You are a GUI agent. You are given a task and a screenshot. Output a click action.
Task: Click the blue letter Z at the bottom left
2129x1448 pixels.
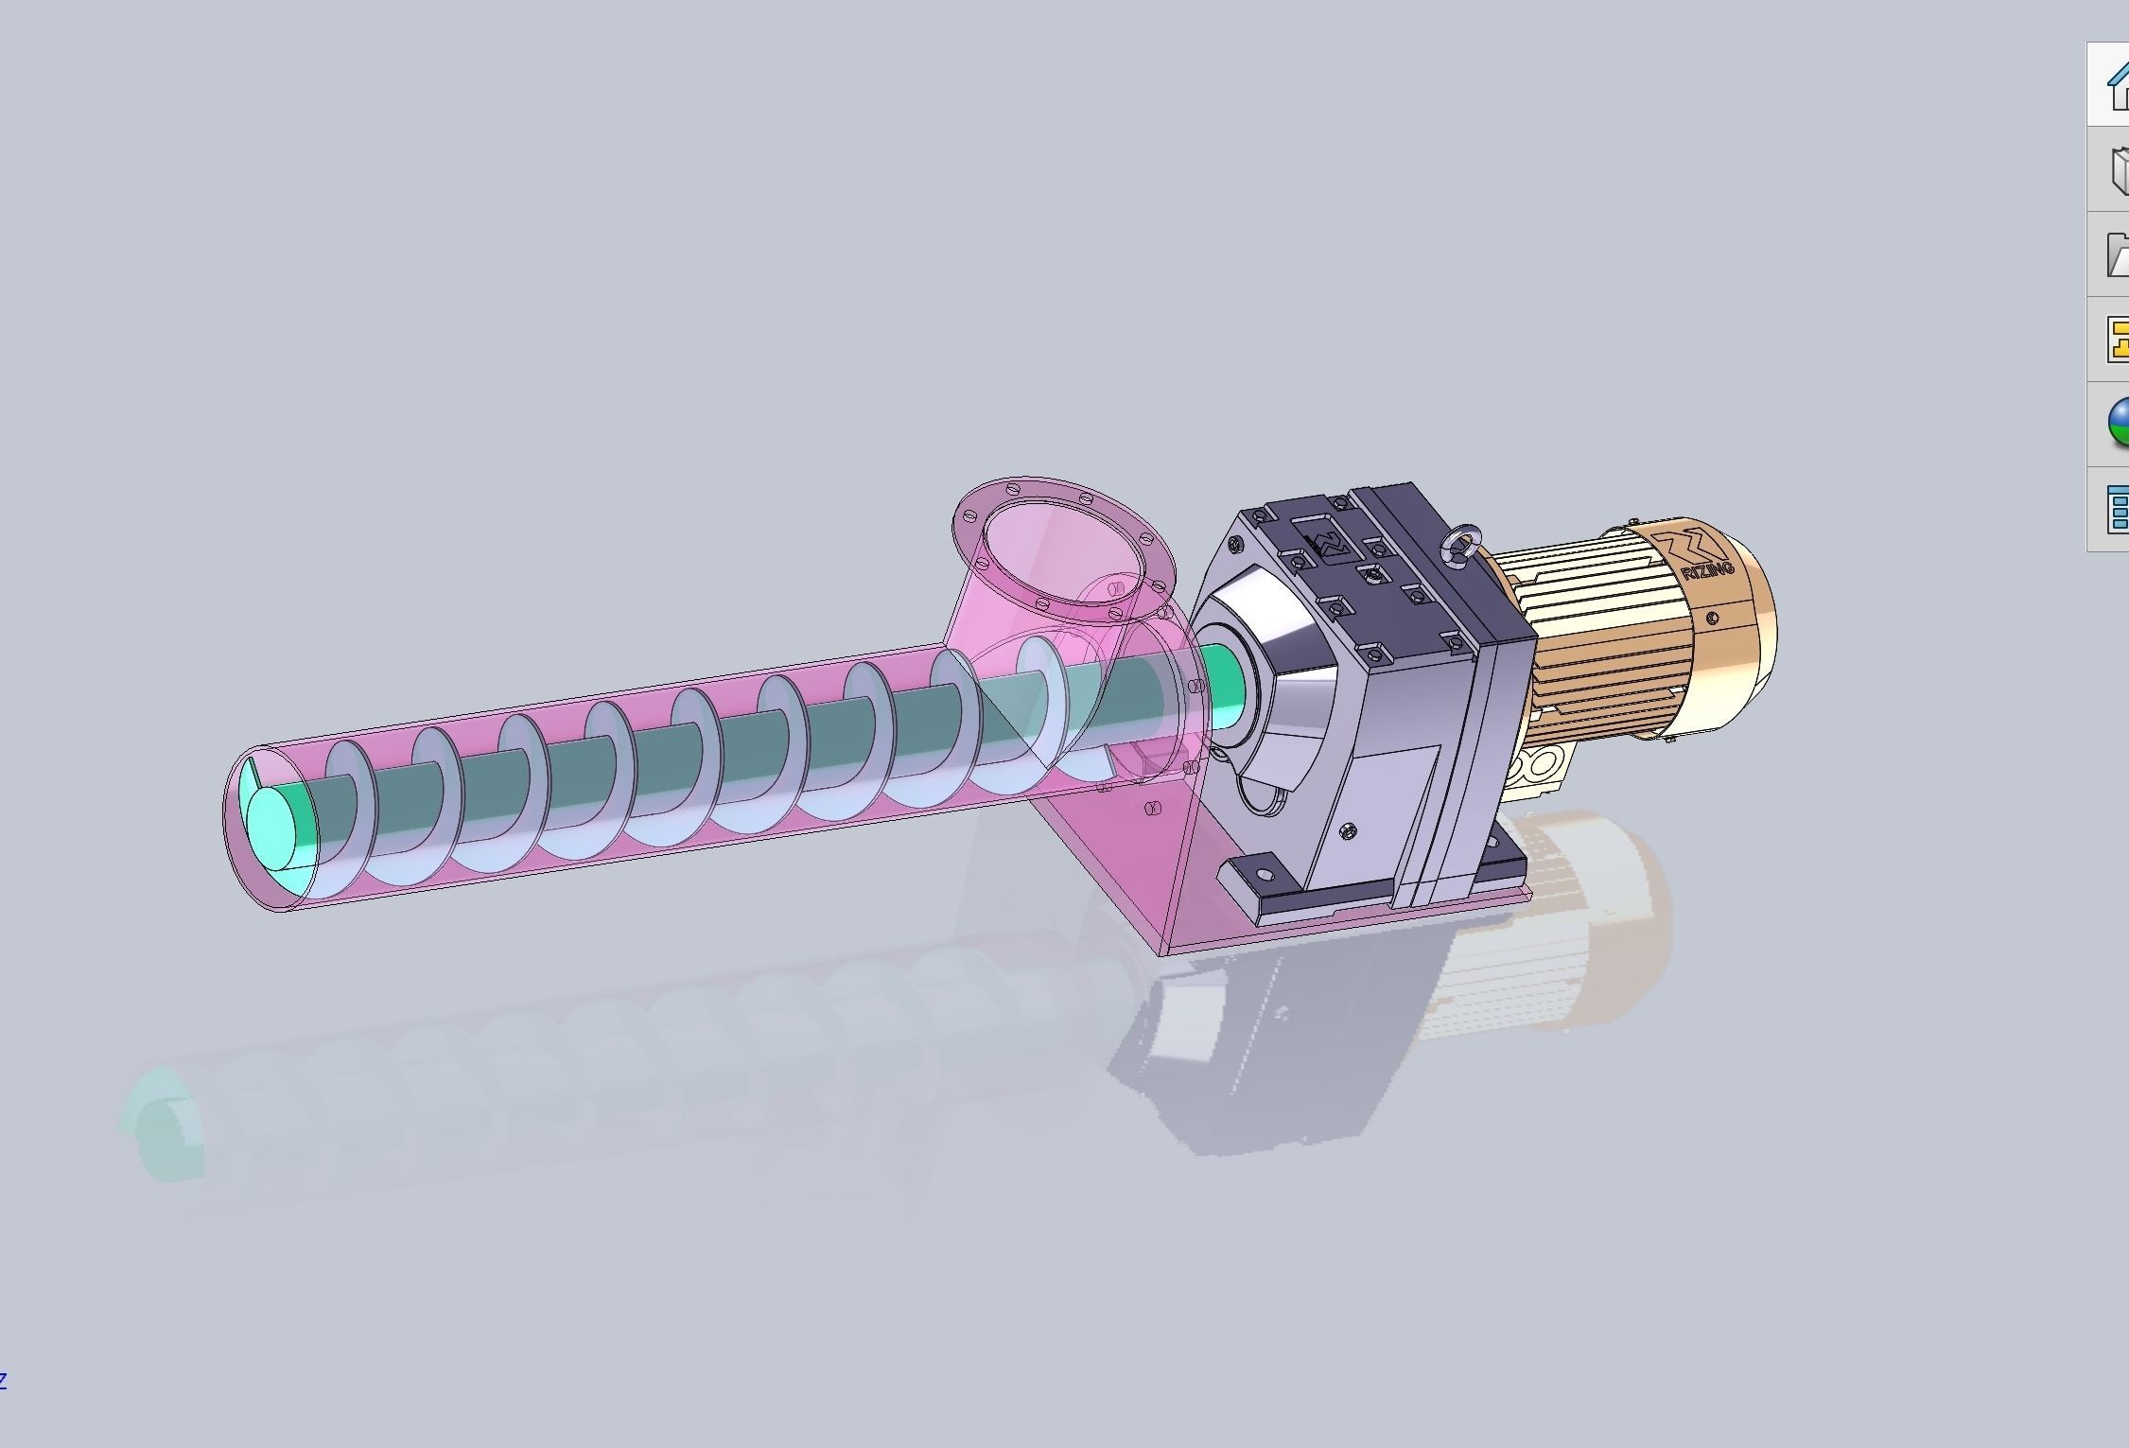[3, 1379]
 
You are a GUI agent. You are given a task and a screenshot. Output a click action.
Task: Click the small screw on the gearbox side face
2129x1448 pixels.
[1348, 830]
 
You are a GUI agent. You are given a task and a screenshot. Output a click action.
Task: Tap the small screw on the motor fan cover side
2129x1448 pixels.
[1714, 619]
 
